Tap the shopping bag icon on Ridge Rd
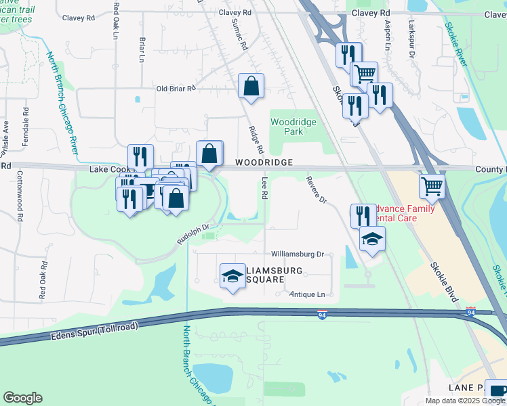click(x=251, y=87)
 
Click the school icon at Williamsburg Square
click(x=232, y=276)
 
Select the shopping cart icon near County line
click(x=432, y=185)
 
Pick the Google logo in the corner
click(x=22, y=398)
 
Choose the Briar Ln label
click(x=142, y=49)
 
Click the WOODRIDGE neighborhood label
click(x=264, y=163)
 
